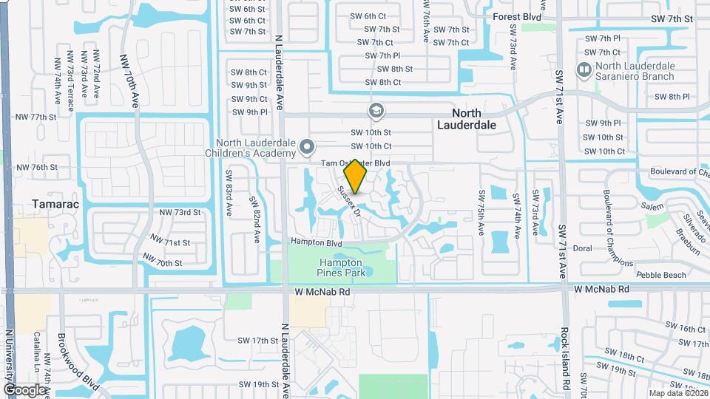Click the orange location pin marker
point(355,176)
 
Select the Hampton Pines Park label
point(340,267)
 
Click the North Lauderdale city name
point(469,119)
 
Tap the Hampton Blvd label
point(316,242)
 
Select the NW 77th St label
point(38,117)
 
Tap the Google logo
point(24,389)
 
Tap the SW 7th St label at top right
point(672,18)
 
